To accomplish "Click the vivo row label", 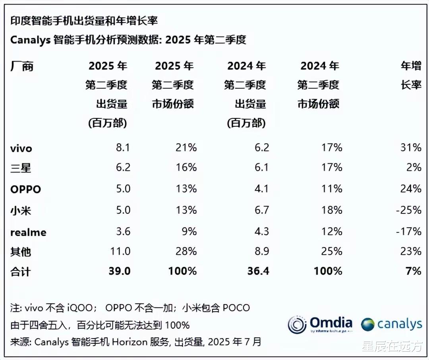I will click(x=21, y=149).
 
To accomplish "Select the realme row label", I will click(x=28, y=232).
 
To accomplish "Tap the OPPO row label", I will click(x=25, y=189).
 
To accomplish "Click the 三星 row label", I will click(x=21, y=168).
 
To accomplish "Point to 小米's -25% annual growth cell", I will click(x=408, y=210).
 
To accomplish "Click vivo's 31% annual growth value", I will click(x=411, y=148).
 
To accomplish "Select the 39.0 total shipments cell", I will click(x=119, y=271).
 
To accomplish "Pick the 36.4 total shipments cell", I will click(x=258, y=271).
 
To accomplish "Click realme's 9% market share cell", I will click(x=189, y=231).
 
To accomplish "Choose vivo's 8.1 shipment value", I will click(x=123, y=148).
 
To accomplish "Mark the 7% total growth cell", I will click(x=414, y=271).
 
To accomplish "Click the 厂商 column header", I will click(x=22, y=66).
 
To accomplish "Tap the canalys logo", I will click(x=391, y=324).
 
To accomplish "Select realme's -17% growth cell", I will click(x=408, y=231).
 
